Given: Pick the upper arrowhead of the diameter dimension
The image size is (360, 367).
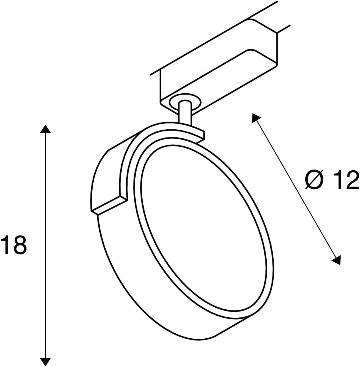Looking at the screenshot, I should coord(255,118).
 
